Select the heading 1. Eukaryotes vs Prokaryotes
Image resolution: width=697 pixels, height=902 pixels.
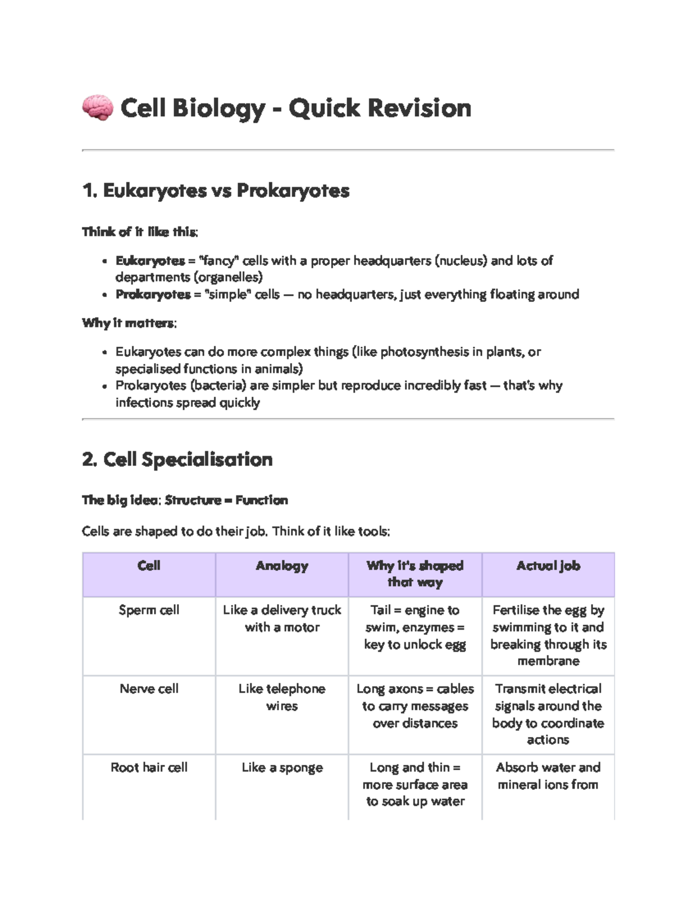click(x=215, y=191)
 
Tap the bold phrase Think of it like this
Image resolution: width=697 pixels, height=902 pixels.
click(x=139, y=232)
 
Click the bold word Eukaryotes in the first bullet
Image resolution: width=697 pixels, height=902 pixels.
click(x=150, y=261)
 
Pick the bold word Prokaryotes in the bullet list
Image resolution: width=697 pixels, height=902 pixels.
click(x=153, y=294)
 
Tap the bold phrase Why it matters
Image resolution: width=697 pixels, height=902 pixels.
click(x=128, y=323)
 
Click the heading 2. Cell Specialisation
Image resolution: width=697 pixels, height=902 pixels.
click(x=177, y=459)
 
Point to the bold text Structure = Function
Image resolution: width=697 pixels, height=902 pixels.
click(x=226, y=500)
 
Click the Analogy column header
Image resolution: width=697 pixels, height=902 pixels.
click(x=282, y=566)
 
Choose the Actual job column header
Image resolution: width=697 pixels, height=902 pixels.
click(x=548, y=566)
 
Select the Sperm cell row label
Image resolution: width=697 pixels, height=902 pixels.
click(x=149, y=610)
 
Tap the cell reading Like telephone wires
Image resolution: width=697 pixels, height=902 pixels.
click(x=282, y=697)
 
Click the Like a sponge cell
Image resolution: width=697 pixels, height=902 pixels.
click(x=282, y=767)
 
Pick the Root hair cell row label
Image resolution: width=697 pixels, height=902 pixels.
click(x=149, y=767)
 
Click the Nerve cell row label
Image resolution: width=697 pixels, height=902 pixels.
click(x=149, y=689)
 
